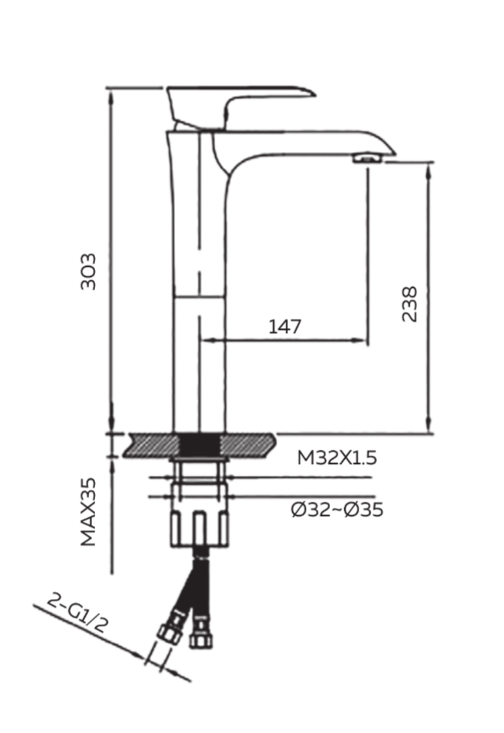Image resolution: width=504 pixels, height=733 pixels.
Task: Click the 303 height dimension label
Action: click(x=89, y=271)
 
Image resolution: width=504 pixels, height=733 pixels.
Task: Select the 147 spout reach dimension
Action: click(x=285, y=327)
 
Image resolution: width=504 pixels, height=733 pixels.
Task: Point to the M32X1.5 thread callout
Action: click(x=337, y=458)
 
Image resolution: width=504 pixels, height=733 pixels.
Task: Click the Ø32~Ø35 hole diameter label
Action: click(x=337, y=510)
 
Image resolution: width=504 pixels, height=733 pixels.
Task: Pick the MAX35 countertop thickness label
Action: click(x=89, y=512)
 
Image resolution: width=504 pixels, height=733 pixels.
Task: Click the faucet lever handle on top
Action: click(x=237, y=101)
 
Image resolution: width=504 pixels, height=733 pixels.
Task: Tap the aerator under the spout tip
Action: click(x=367, y=159)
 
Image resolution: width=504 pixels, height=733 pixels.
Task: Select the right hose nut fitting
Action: click(x=200, y=638)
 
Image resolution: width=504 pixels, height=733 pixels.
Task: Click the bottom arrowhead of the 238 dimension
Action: click(x=429, y=426)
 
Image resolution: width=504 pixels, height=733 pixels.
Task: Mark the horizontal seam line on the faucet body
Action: click(x=199, y=296)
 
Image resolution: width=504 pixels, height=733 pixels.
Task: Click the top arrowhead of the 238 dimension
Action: click(x=429, y=169)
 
